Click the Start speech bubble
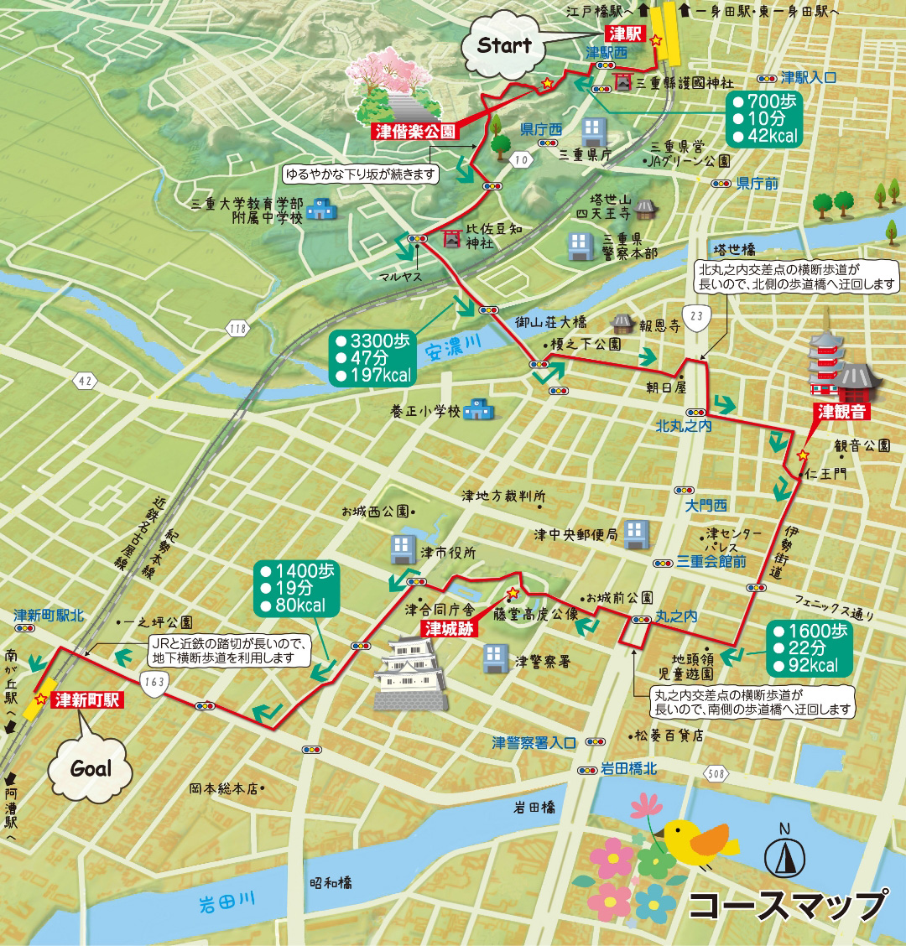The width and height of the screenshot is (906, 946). [504, 47]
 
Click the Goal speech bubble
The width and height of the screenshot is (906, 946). [91, 767]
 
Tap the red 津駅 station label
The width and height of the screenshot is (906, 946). [624, 34]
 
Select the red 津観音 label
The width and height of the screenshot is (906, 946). [841, 412]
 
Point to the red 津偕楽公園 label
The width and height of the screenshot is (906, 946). [415, 132]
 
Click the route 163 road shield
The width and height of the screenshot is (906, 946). [154, 681]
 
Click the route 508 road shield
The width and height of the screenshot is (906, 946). [716, 774]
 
